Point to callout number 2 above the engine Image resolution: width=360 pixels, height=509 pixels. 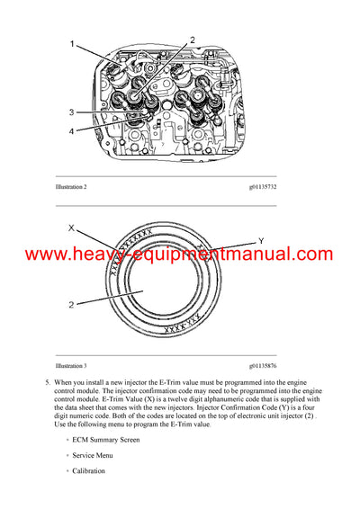pos(192,40)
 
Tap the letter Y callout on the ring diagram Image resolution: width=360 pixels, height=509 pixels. pos(260,240)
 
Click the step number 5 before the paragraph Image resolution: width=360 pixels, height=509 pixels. pos(46,384)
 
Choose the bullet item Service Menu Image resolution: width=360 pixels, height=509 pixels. pos(97,455)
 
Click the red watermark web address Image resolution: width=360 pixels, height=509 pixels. pos(180,255)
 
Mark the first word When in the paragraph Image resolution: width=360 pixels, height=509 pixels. pos(67,384)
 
